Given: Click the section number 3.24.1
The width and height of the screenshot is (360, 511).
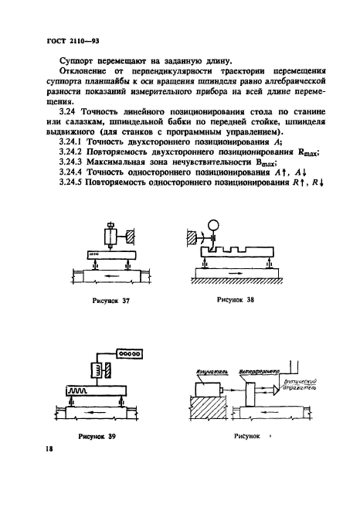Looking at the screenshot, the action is pyautogui.click(x=52, y=141).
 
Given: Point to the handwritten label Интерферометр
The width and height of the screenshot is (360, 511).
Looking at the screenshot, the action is pyautogui.click(x=257, y=373).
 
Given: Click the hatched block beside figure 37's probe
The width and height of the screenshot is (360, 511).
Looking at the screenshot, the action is pyautogui.click(x=128, y=235).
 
